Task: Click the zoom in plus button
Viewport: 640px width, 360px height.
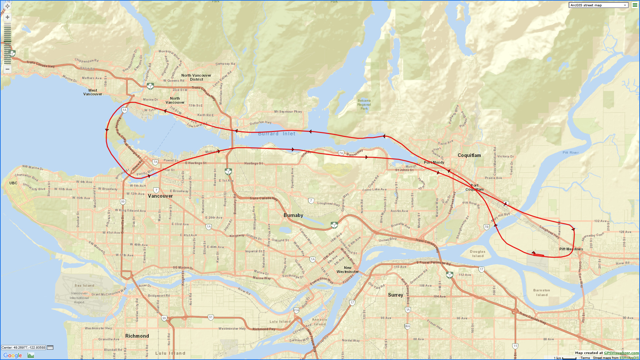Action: pyautogui.click(x=7, y=17)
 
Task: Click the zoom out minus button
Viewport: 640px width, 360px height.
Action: pyautogui.click(x=7, y=69)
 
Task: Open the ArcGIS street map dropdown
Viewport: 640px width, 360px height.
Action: pyautogui.click(x=598, y=5)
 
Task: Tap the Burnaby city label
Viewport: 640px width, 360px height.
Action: pyautogui.click(x=293, y=215)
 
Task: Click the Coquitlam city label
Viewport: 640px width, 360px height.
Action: pyautogui.click(x=469, y=155)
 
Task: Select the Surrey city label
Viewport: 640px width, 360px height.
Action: pyautogui.click(x=395, y=295)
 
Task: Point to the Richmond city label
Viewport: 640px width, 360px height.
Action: pyautogui.click(x=137, y=336)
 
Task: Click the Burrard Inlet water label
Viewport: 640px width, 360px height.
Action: pyautogui.click(x=277, y=134)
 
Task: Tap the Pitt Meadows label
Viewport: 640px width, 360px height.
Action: pyautogui.click(x=571, y=249)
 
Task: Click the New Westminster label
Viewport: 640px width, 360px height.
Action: pyautogui.click(x=348, y=270)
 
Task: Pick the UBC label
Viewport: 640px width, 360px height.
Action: pyautogui.click(x=13, y=183)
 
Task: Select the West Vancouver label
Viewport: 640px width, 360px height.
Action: pyautogui.click(x=93, y=92)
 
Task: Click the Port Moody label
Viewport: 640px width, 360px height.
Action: pyautogui.click(x=434, y=162)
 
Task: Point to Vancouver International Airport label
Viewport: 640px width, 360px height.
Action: pyautogui.click(x=79, y=298)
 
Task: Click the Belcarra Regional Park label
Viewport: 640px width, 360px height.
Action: pyautogui.click(x=364, y=104)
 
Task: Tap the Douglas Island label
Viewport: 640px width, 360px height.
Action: pyautogui.click(x=478, y=254)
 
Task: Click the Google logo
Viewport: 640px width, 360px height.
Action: pyautogui.click(x=13, y=355)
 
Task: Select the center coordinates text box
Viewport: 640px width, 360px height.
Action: pyautogui.click(x=23, y=347)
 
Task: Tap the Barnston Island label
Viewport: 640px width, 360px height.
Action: pyautogui.click(x=541, y=292)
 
